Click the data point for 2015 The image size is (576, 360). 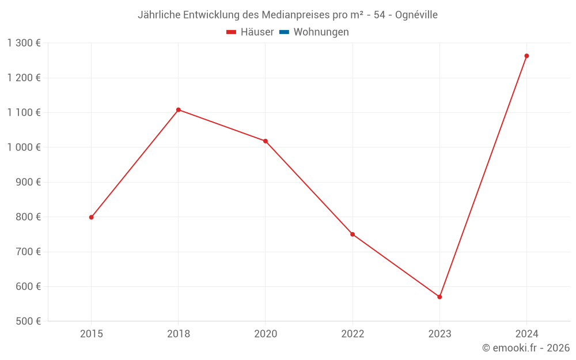pos(91,217)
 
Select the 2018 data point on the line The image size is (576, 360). pos(178,109)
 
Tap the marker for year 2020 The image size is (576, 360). pos(266,141)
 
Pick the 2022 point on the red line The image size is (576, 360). pos(353,234)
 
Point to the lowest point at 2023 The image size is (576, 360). pos(439,297)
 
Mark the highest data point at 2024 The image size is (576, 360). pos(526,56)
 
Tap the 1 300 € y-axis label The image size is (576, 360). pos(24,43)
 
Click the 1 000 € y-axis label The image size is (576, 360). pos(24,147)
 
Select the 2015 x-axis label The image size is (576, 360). pos(91,334)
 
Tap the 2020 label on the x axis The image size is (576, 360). pos(266,334)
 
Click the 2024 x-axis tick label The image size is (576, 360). pos(526,334)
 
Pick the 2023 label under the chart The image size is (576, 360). pos(439,334)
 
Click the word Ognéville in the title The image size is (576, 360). pos(416,15)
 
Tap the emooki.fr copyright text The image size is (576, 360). pos(526,348)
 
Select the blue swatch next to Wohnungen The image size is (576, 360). pos(284,32)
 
